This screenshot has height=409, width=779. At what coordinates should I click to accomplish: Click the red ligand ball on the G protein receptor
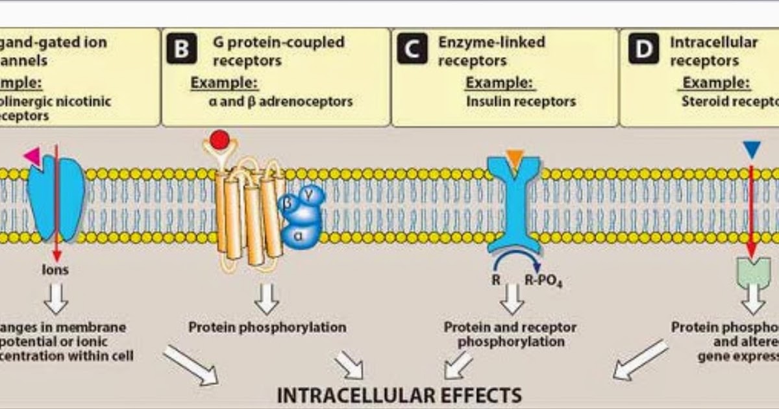220,140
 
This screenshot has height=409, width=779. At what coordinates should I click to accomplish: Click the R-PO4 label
543,282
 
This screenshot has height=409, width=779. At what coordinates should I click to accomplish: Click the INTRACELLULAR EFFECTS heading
399,395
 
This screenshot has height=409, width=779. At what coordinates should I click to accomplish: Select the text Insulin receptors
521,101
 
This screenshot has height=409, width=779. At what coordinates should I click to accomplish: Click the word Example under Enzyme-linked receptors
500,82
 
